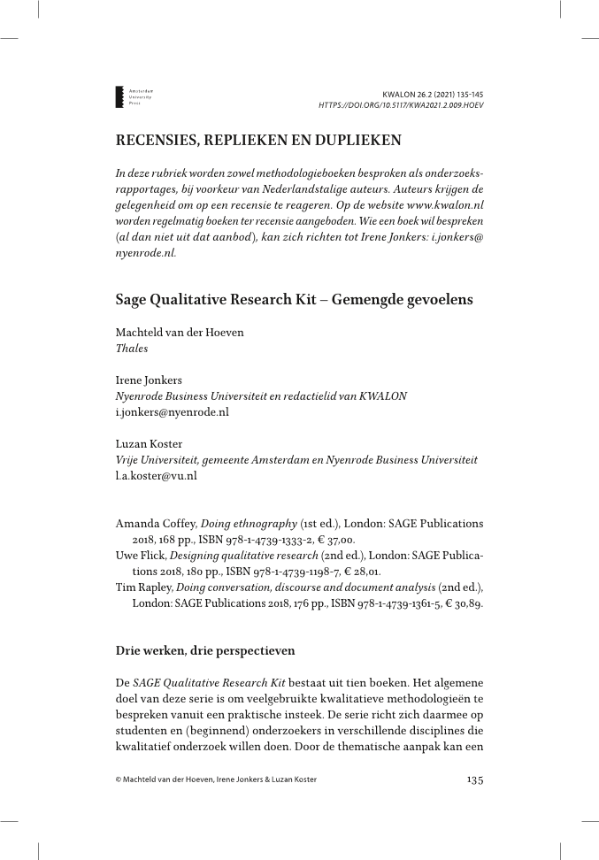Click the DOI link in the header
tap(401, 104)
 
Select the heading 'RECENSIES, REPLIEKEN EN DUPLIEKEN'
tap(258, 140)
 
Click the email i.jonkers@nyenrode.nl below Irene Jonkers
tap(172, 411)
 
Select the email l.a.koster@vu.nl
tap(156, 475)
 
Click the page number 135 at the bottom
tap(474, 779)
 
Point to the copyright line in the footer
tap(216, 779)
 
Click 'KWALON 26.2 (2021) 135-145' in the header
tap(433, 94)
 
